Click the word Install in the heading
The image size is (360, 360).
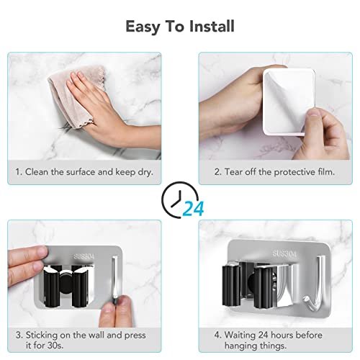[x=212, y=26]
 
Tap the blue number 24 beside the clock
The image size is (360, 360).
[x=194, y=208]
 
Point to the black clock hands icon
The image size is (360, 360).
[x=176, y=199]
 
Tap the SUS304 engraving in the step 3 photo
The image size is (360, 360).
[x=84, y=256]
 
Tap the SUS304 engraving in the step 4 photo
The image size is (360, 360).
[x=284, y=253]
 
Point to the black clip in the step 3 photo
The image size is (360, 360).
[x=68, y=286]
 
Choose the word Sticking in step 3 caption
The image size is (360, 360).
[x=42, y=336]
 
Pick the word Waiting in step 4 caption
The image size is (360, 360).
[x=240, y=336]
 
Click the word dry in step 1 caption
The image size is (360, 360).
[x=145, y=172]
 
